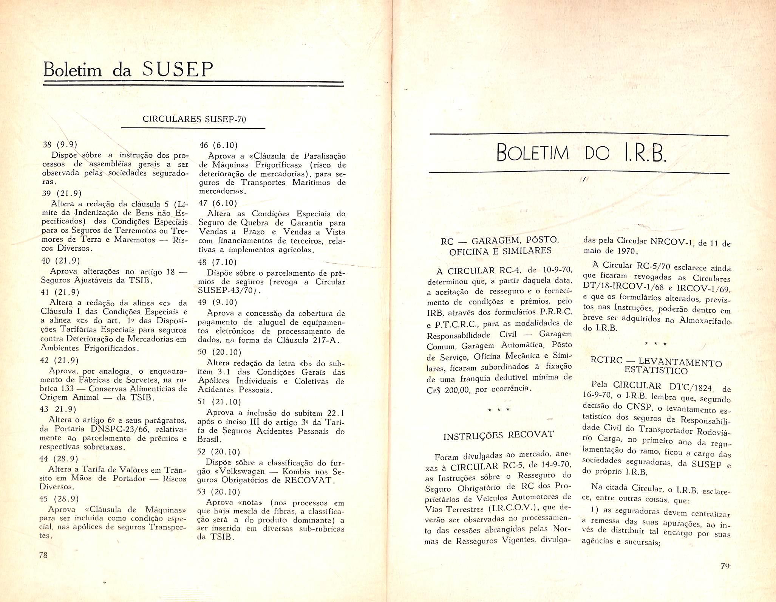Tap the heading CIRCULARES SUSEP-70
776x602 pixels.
tap(194, 119)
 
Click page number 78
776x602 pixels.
tap(43, 555)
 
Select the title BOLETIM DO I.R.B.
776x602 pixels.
tap(580, 154)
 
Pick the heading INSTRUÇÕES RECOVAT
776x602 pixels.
tap(498, 435)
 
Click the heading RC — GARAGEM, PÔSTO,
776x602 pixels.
tap(500, 240)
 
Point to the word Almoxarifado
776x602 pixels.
tap(705, 320)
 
